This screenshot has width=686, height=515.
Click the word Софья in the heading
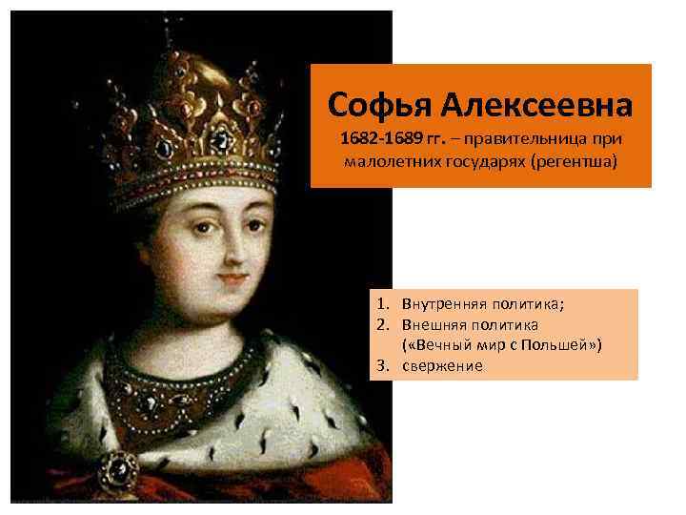[373, 102]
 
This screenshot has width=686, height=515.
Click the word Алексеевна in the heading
[526, 102]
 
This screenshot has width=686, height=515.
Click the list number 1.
[380, 304]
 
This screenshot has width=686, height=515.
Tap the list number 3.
[380, 365]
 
